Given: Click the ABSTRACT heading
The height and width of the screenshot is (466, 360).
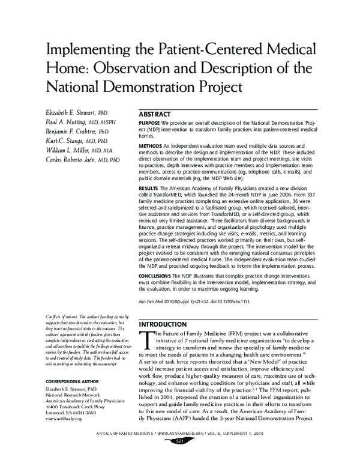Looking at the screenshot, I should point(154,113).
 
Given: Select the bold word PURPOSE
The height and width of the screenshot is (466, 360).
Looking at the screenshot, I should point(149,123).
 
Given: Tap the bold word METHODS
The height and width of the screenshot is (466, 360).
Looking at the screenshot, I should point(149,146).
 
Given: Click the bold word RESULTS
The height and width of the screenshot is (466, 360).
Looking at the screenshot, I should point(148,189).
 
